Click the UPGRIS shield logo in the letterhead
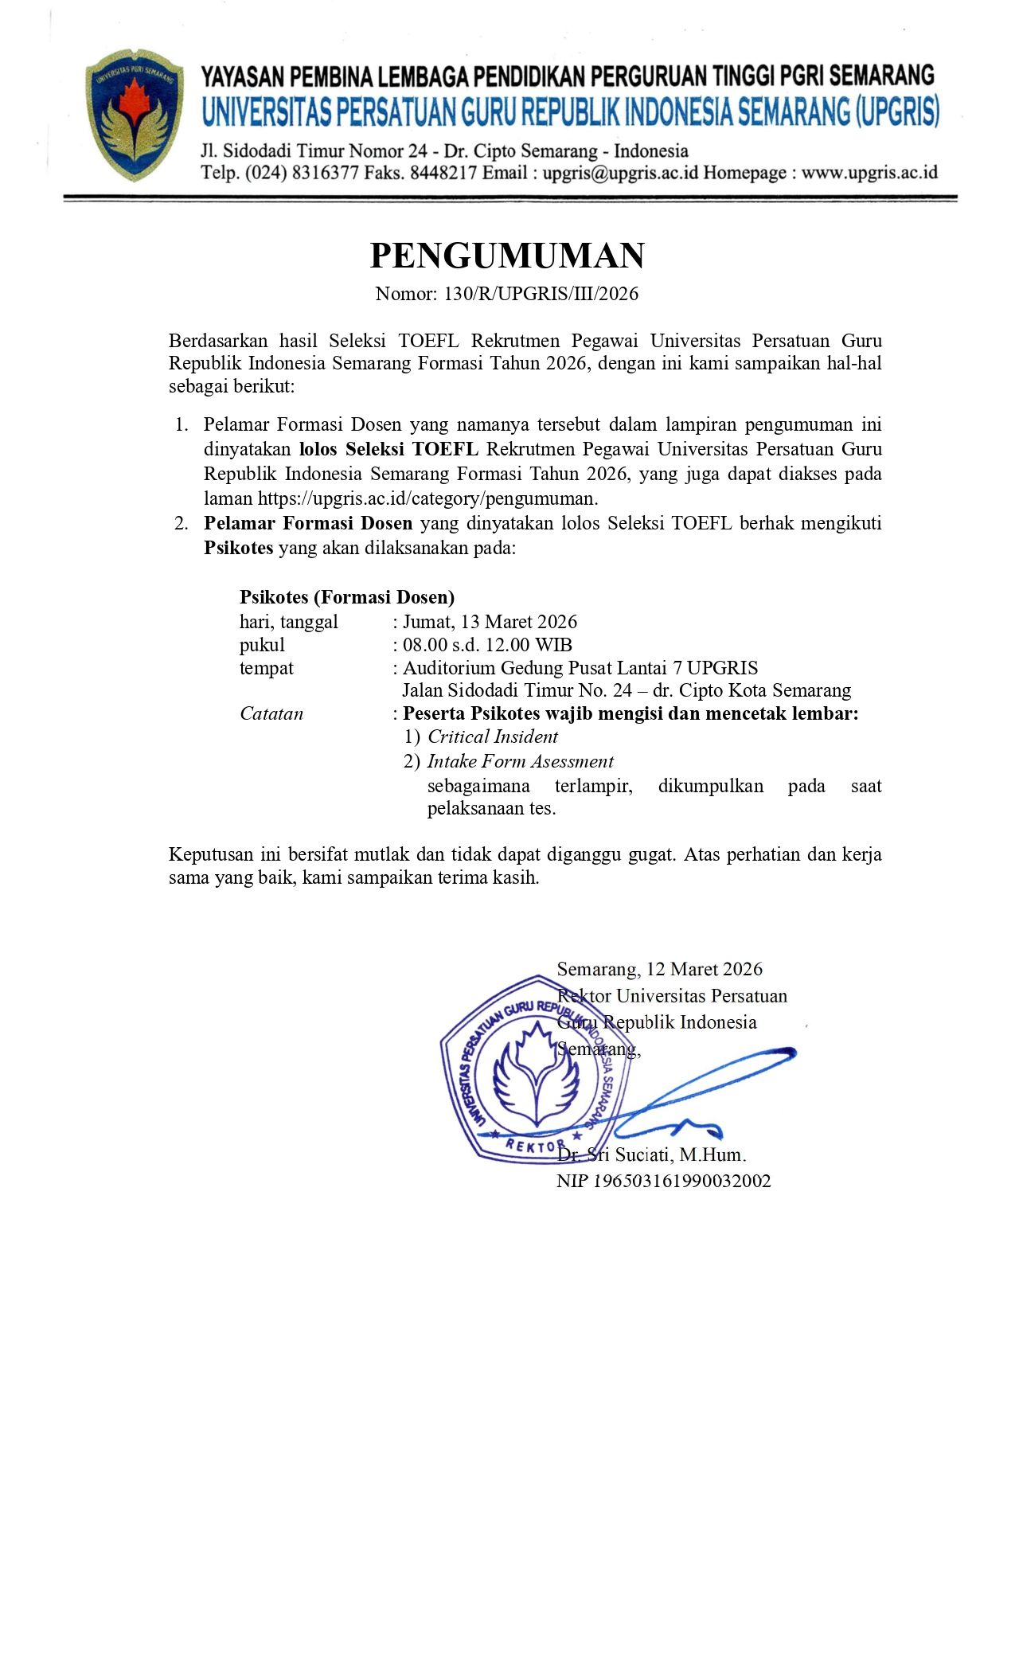point(134,115)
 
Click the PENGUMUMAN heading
point(507,256)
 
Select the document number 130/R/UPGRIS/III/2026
point(541,294)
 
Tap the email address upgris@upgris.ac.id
point(620,173)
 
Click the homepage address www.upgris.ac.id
point(869,173)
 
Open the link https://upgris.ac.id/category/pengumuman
point(427,498)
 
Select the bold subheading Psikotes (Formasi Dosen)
point(347,597)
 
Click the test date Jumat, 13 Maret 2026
point(490,622)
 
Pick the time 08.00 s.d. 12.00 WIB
point(487,645)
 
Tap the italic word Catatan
point(271,713)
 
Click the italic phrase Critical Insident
point(493,736)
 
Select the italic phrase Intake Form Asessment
point(521,761)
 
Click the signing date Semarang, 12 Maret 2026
point(659,969)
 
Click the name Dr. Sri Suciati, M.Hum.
point(651,1154)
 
